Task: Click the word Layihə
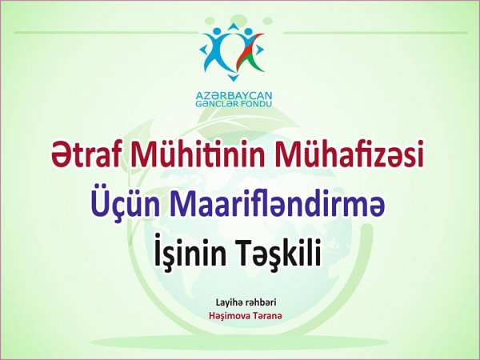pyautogui.click(x=230, y=302)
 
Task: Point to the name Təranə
pyautogui.click(x=263, y=316)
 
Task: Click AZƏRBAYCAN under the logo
pyautogui.click(x=234, y=96)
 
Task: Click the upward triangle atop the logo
pyautogui.click(x=234, y=26)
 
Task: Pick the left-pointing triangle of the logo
pyautogui.click(x=203, y=49)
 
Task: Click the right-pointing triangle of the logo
pyautogui.click(x=259, y=50)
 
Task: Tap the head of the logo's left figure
pyautogui.click(x=217, y=31)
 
